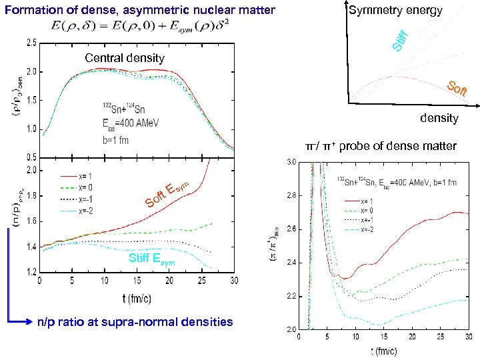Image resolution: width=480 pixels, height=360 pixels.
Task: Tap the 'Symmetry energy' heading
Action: [395, 10]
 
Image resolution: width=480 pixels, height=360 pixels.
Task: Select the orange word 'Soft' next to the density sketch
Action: [456, 89]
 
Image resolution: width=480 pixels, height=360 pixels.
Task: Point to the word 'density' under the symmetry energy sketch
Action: [439, 118]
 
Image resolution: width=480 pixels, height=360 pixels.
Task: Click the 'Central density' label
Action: [125, 58]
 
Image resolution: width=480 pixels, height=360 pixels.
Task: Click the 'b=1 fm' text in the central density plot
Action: [115, 141]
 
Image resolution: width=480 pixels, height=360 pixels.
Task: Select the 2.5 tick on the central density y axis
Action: [31, 43]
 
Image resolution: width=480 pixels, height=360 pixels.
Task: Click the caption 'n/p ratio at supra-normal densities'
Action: [135, 322]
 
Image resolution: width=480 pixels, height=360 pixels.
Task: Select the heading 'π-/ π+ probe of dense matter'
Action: [381, 146]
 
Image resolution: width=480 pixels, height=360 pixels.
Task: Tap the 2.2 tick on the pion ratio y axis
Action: [291, 296]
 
